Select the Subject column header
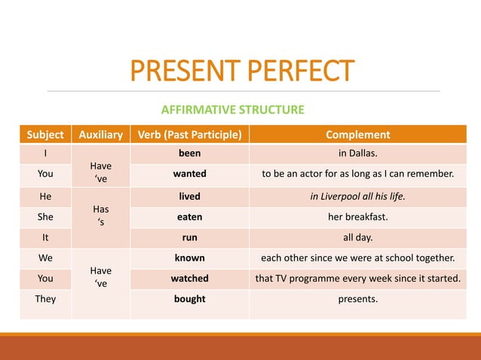45,136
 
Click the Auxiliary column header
101,136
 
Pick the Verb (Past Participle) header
189,136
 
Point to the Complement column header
357,136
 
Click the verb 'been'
189,154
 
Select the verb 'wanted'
189,174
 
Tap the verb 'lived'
189,196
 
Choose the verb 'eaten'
189,216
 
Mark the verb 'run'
189,236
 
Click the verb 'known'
189,258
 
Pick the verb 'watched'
189,278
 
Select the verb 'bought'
189,299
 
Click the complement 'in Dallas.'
357,154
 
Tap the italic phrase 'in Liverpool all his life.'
357,196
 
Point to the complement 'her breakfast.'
357,216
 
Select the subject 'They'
45,299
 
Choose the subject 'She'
45,216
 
